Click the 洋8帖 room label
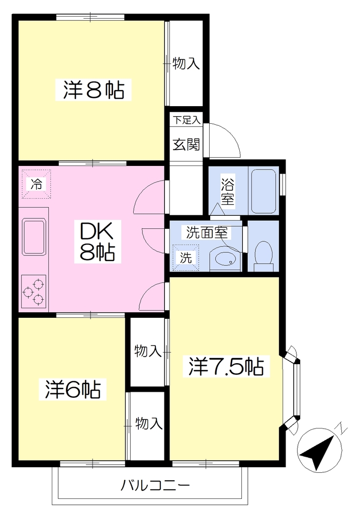point(94,90)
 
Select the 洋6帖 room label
point(72,389)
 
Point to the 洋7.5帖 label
point(226,366)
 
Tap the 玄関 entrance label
point(186,144)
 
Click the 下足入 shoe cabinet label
point(187,120)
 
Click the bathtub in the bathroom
point(263,192)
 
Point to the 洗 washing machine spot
point(186,258)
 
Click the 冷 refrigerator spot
point(37,184)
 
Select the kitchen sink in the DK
point(34,236)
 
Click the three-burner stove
point(34,291)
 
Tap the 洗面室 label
point(207,232)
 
